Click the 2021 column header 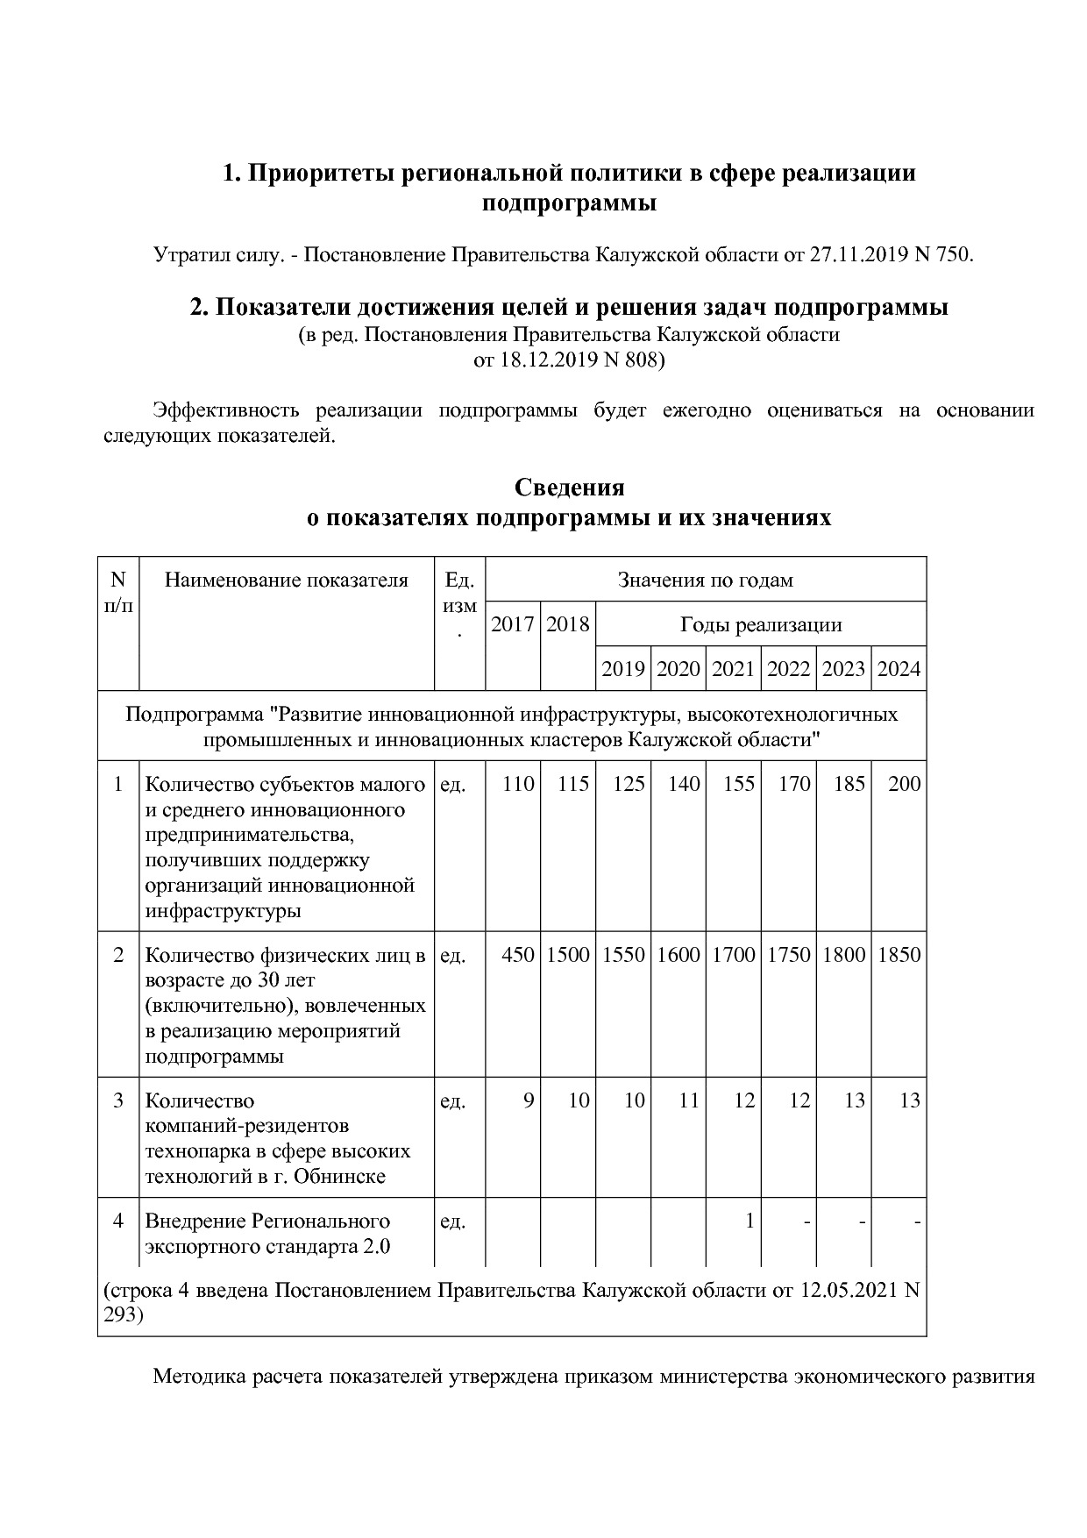coord(733,669)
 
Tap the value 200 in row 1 coord(904,784)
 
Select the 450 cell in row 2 coord(518,955)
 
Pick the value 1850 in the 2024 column coord(899,955)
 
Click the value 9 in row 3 coord(529,1100)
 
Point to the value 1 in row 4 coord(750,1221)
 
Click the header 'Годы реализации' coord(760,624)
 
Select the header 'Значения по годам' coord(705,580)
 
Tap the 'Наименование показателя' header coord(287,580)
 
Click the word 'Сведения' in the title coord(569,488)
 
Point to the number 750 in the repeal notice coord(954,255)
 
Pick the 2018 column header coord(568,624)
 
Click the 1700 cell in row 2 coord(733,955)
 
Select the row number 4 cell coord(118,1221)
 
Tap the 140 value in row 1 coord(684,784)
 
